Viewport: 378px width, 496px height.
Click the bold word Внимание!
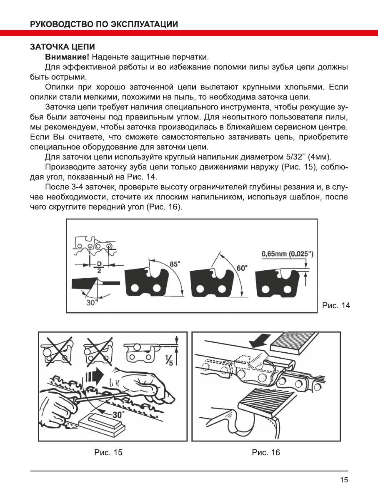67,57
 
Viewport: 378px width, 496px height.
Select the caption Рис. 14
336,306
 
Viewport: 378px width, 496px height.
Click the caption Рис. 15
108,453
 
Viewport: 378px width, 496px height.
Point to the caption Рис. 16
266,453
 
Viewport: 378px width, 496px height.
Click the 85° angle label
175,264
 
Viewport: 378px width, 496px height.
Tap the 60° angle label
242,268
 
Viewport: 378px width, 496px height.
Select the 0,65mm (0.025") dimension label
288,254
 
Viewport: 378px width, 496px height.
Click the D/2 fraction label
99,267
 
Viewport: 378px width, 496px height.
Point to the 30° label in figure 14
91,303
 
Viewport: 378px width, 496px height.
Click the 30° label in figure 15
118,415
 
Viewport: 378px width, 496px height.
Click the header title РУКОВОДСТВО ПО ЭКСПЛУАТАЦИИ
104,24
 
